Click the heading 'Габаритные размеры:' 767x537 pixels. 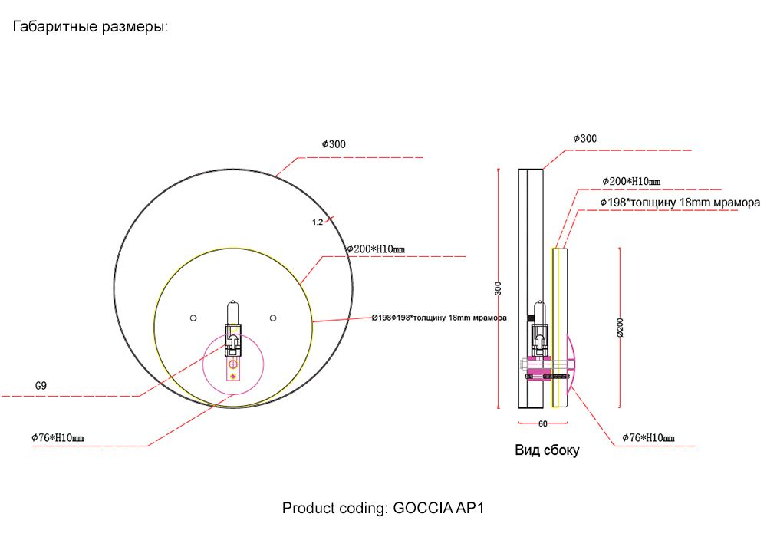90,26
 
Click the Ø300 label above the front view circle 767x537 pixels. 334,144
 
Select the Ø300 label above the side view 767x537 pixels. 585,138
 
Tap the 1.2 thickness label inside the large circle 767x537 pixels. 318,222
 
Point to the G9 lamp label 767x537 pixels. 41,385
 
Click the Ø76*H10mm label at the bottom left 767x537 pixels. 58,438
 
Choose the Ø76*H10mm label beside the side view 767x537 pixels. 648,438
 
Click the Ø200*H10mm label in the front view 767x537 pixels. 376,249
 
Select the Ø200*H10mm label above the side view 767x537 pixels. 631,182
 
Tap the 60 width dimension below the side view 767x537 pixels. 543,424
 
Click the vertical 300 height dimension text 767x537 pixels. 498,288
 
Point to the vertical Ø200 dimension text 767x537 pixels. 621,328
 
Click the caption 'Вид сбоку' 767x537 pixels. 547,450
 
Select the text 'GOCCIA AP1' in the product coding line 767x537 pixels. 438,508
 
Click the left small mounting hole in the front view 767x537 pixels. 193,318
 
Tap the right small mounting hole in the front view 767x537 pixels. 273,318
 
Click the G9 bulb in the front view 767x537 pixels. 233,313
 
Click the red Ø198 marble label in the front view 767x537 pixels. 439,318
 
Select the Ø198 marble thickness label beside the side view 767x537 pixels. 680,203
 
